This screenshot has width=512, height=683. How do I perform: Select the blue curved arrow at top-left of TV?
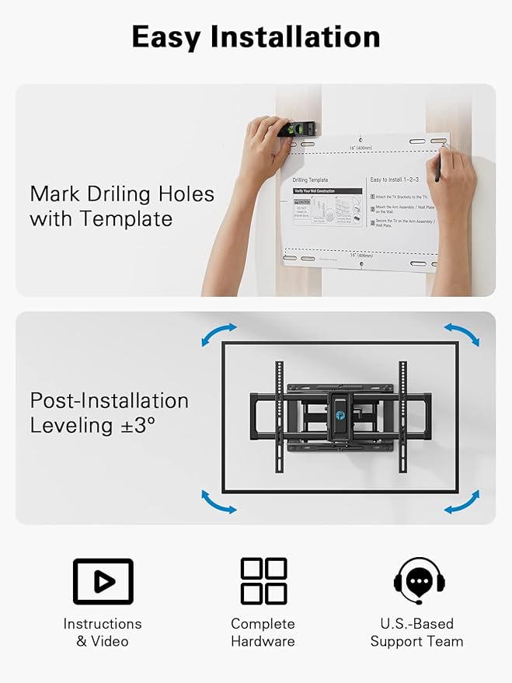[x=218, y=334]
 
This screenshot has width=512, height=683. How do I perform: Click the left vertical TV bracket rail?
[x=277, y=416]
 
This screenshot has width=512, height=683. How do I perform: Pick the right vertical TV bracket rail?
[x=403, y=416]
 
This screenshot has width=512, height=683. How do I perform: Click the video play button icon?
[x=103, y=581]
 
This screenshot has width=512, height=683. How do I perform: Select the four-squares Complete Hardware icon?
[x=263, y=580]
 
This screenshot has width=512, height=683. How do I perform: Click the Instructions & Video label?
[x=103, y=632]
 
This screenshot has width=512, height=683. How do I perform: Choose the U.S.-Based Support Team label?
[x=416, y=632]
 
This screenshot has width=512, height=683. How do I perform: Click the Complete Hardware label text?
[x=263, y=632]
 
